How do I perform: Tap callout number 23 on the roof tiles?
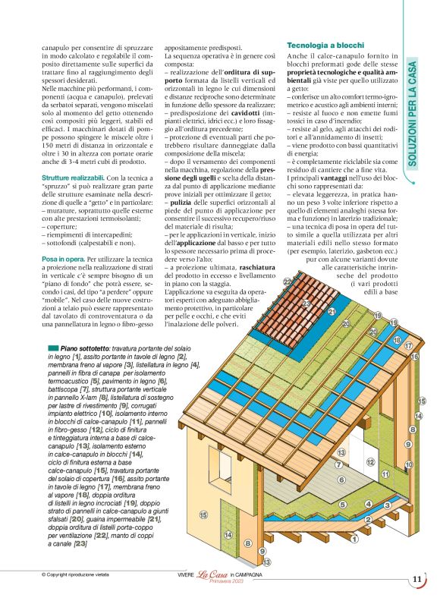(x=306, y=304)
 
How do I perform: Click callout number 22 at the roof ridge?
(x=288, y=282)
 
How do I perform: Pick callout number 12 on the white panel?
(x=370, y=461)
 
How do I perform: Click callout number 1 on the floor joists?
(x=354, y=539)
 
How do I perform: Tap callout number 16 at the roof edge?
(x=414, y=356)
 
